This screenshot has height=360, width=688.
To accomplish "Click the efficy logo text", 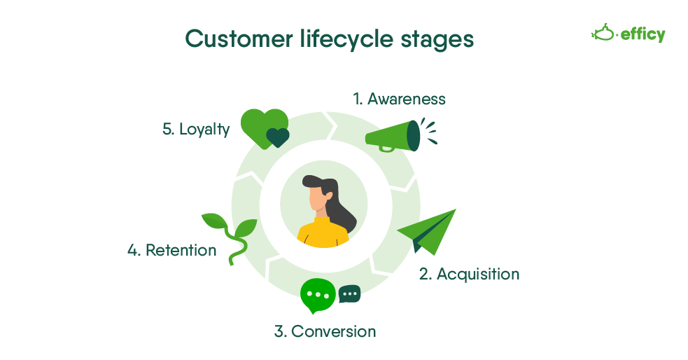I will click(643, 34).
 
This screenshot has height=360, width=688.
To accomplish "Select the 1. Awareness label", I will click(399, 99).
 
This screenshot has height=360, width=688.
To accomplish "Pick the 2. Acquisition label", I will click(469, 274).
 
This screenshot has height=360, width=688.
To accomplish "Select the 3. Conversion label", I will click(325, 331).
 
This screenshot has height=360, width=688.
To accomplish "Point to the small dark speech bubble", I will click(349, 293).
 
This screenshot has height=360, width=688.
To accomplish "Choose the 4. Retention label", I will click(172, 250).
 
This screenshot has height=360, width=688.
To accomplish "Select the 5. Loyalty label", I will click(196, 129).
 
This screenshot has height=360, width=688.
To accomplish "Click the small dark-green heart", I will click(278, 137).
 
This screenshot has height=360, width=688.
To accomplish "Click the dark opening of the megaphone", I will click(414, 135).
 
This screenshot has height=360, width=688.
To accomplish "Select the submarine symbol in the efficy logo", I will click(603, 32).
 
